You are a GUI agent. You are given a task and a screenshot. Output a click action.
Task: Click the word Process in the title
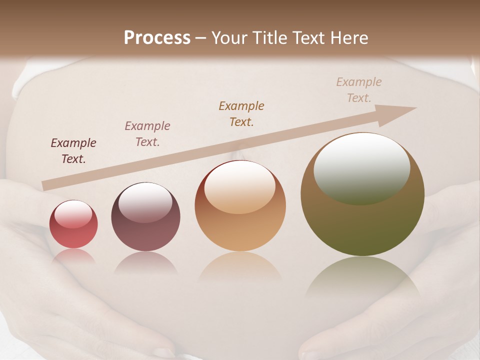(157, 38)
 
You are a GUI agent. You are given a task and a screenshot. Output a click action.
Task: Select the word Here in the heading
(348, 38)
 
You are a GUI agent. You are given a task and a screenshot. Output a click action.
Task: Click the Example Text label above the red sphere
(73, 151)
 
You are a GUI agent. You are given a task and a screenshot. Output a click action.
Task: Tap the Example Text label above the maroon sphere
(147, 134)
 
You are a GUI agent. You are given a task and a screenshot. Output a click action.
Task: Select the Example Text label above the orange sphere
(241, 113)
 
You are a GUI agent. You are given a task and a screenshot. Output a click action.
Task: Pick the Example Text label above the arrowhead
(359, 89)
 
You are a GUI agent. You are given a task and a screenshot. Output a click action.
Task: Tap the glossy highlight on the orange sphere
(240, 187)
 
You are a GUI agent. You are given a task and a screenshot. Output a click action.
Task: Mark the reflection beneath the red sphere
(73, 255)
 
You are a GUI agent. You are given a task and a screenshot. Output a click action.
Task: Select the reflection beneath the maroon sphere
(145, 262)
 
